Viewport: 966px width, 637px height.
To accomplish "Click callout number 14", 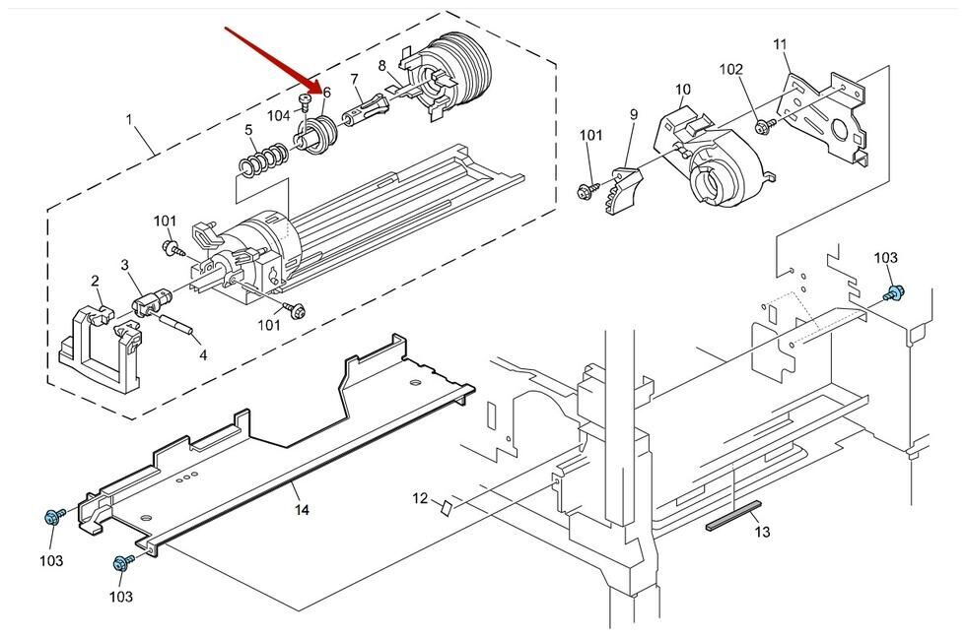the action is click(x=302, y=510).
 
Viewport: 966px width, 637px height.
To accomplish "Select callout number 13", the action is click(x=762, y=531).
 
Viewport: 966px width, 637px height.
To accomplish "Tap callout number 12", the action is click(x=420, y=497).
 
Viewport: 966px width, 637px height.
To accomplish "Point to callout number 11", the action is click(x=780, y=44).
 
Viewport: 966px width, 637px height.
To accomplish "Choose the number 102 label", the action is click(x=731, y=70).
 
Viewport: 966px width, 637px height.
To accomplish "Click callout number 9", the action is click(x=634, y=114).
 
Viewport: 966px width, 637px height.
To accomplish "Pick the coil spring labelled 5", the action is click(x=263, y=160).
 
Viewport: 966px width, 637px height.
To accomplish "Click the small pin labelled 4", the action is click(x=178, y=324).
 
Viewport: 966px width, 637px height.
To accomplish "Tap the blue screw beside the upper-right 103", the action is click(x=893, y=293).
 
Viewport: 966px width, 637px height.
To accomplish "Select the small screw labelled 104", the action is click(x=304, y=101).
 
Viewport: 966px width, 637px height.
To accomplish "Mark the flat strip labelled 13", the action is click(x=733, y=515).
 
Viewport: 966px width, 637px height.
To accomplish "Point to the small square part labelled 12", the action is click(x=448, y=508).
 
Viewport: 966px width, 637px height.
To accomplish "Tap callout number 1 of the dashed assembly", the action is click(x=129, y=119).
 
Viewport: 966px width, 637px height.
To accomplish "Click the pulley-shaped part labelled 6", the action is click(x=316, y=135).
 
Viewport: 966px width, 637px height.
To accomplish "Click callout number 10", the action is click(x=682, y=90).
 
